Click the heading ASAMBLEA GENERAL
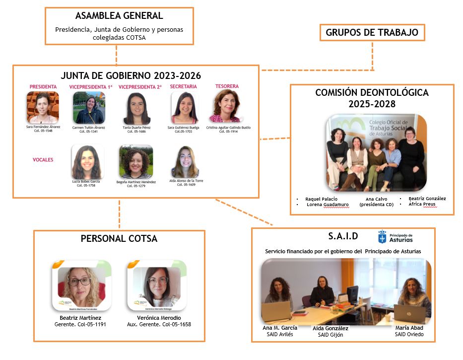coord(119,16)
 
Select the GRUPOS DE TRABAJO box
coord(372,33)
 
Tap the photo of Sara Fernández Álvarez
coord(43,107)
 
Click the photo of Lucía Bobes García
coord(87,161)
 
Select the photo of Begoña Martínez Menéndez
coord(135,162)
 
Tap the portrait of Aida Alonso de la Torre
coord(186,162)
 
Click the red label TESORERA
coord(227,86)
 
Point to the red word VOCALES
coord(43,160)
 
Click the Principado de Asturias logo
coord(395,237)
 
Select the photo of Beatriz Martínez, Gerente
coord(81,285)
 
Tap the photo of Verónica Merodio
coord(157,285)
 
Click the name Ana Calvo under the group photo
coord(376,199)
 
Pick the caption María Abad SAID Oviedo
coord(408,331)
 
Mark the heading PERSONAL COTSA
coord(119,239)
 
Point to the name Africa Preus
coord(422,204)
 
